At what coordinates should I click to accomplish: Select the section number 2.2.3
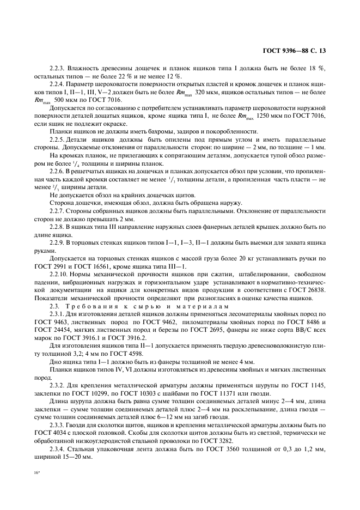[x=58, y=68]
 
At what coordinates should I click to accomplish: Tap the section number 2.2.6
[x=58, y=171]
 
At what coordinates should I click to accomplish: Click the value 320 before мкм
[x=203, y=93]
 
